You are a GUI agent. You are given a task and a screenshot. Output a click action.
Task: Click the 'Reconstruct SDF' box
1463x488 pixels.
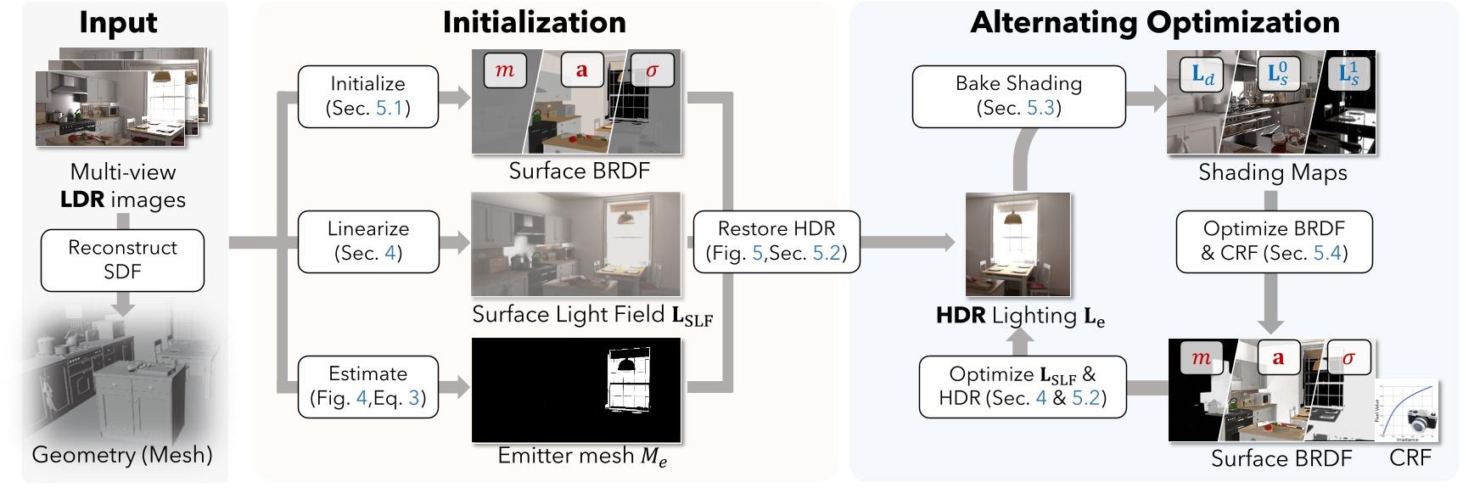pos(122,260)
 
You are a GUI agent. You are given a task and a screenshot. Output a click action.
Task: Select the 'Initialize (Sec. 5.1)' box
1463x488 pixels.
pos(367,96)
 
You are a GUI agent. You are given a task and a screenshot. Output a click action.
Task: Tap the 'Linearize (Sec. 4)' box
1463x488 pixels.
pos(367,241)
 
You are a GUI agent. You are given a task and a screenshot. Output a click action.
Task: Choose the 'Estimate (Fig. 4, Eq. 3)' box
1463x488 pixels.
pos(367,386)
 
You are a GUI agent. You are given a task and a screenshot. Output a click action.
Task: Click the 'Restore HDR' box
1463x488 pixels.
pos(776,241)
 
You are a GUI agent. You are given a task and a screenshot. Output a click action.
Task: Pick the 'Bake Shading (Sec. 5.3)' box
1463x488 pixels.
pos(1018,96)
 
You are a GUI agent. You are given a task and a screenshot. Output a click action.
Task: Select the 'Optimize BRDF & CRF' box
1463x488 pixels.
pos(1273,241)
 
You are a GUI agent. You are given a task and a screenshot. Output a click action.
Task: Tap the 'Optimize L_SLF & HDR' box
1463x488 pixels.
pos(1022,386)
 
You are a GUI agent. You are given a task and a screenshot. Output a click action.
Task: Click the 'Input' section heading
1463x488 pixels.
pos(118,23)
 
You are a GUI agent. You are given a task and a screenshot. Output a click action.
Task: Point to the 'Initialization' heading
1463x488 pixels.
pos(534,22)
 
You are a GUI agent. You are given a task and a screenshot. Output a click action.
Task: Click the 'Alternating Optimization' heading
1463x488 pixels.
pos(1155,22)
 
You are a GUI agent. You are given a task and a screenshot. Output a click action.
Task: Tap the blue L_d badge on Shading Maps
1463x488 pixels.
pos(1202,75)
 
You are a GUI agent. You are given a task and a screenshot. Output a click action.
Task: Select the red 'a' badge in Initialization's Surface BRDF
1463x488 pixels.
pos(581,70)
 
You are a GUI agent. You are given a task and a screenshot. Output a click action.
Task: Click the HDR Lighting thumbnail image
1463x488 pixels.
pos(1017,244)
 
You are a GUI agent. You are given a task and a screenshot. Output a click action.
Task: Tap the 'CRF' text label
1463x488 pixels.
pos(1410,459)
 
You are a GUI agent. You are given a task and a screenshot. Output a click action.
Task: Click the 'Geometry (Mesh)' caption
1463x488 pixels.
pos(122,455)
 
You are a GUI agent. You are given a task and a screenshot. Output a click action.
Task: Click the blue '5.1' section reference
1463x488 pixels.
pos(389,108)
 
